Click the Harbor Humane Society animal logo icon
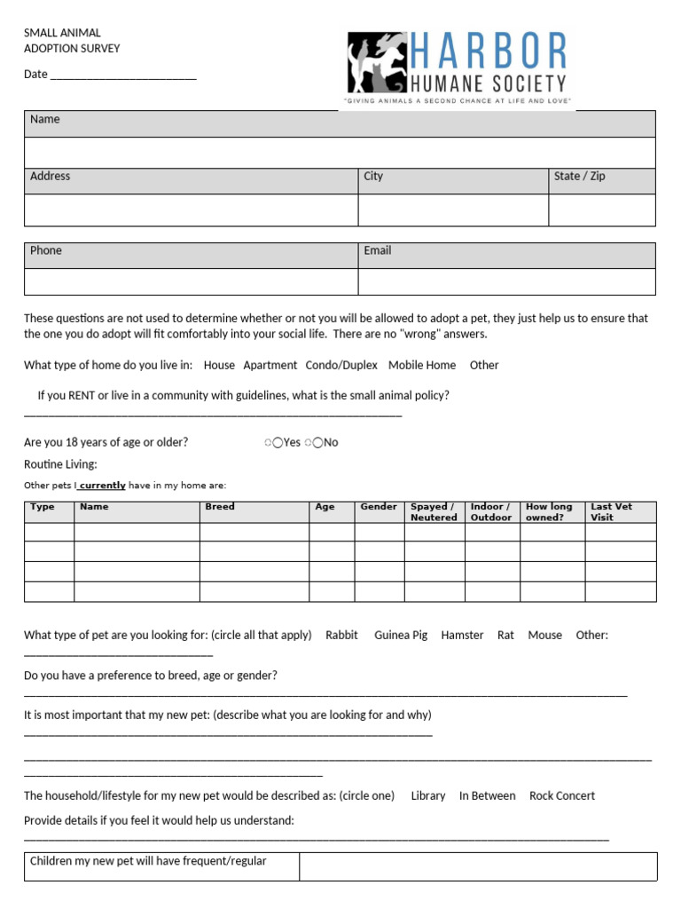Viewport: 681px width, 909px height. click(376, 63)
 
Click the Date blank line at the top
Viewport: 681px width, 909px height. click(123, 75)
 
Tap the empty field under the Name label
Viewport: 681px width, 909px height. click(340, 153)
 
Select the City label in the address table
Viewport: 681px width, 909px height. click(373, 177)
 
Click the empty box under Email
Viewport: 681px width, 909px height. click(506, 281)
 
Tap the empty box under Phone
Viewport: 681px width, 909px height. click(191, 281)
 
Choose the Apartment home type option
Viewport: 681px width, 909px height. click(270, 365)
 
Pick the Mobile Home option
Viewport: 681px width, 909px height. click(422, 365)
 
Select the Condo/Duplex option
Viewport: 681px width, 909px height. click(341, 365)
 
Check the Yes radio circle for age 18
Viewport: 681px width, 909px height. click(278, 443)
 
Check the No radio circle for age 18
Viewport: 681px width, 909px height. click(317, 443)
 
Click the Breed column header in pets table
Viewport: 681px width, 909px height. click(220, 507)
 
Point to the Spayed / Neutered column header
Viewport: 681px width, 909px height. click(434, 512)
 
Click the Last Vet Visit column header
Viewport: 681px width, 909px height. click(612, 512)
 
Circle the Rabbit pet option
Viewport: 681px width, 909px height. click(341, 636)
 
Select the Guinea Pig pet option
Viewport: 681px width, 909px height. click(401, 636)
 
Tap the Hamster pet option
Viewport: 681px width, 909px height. click(462, 636)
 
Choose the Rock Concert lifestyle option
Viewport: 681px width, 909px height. click(562, 796)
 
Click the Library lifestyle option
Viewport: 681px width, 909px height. click(428, 796)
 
